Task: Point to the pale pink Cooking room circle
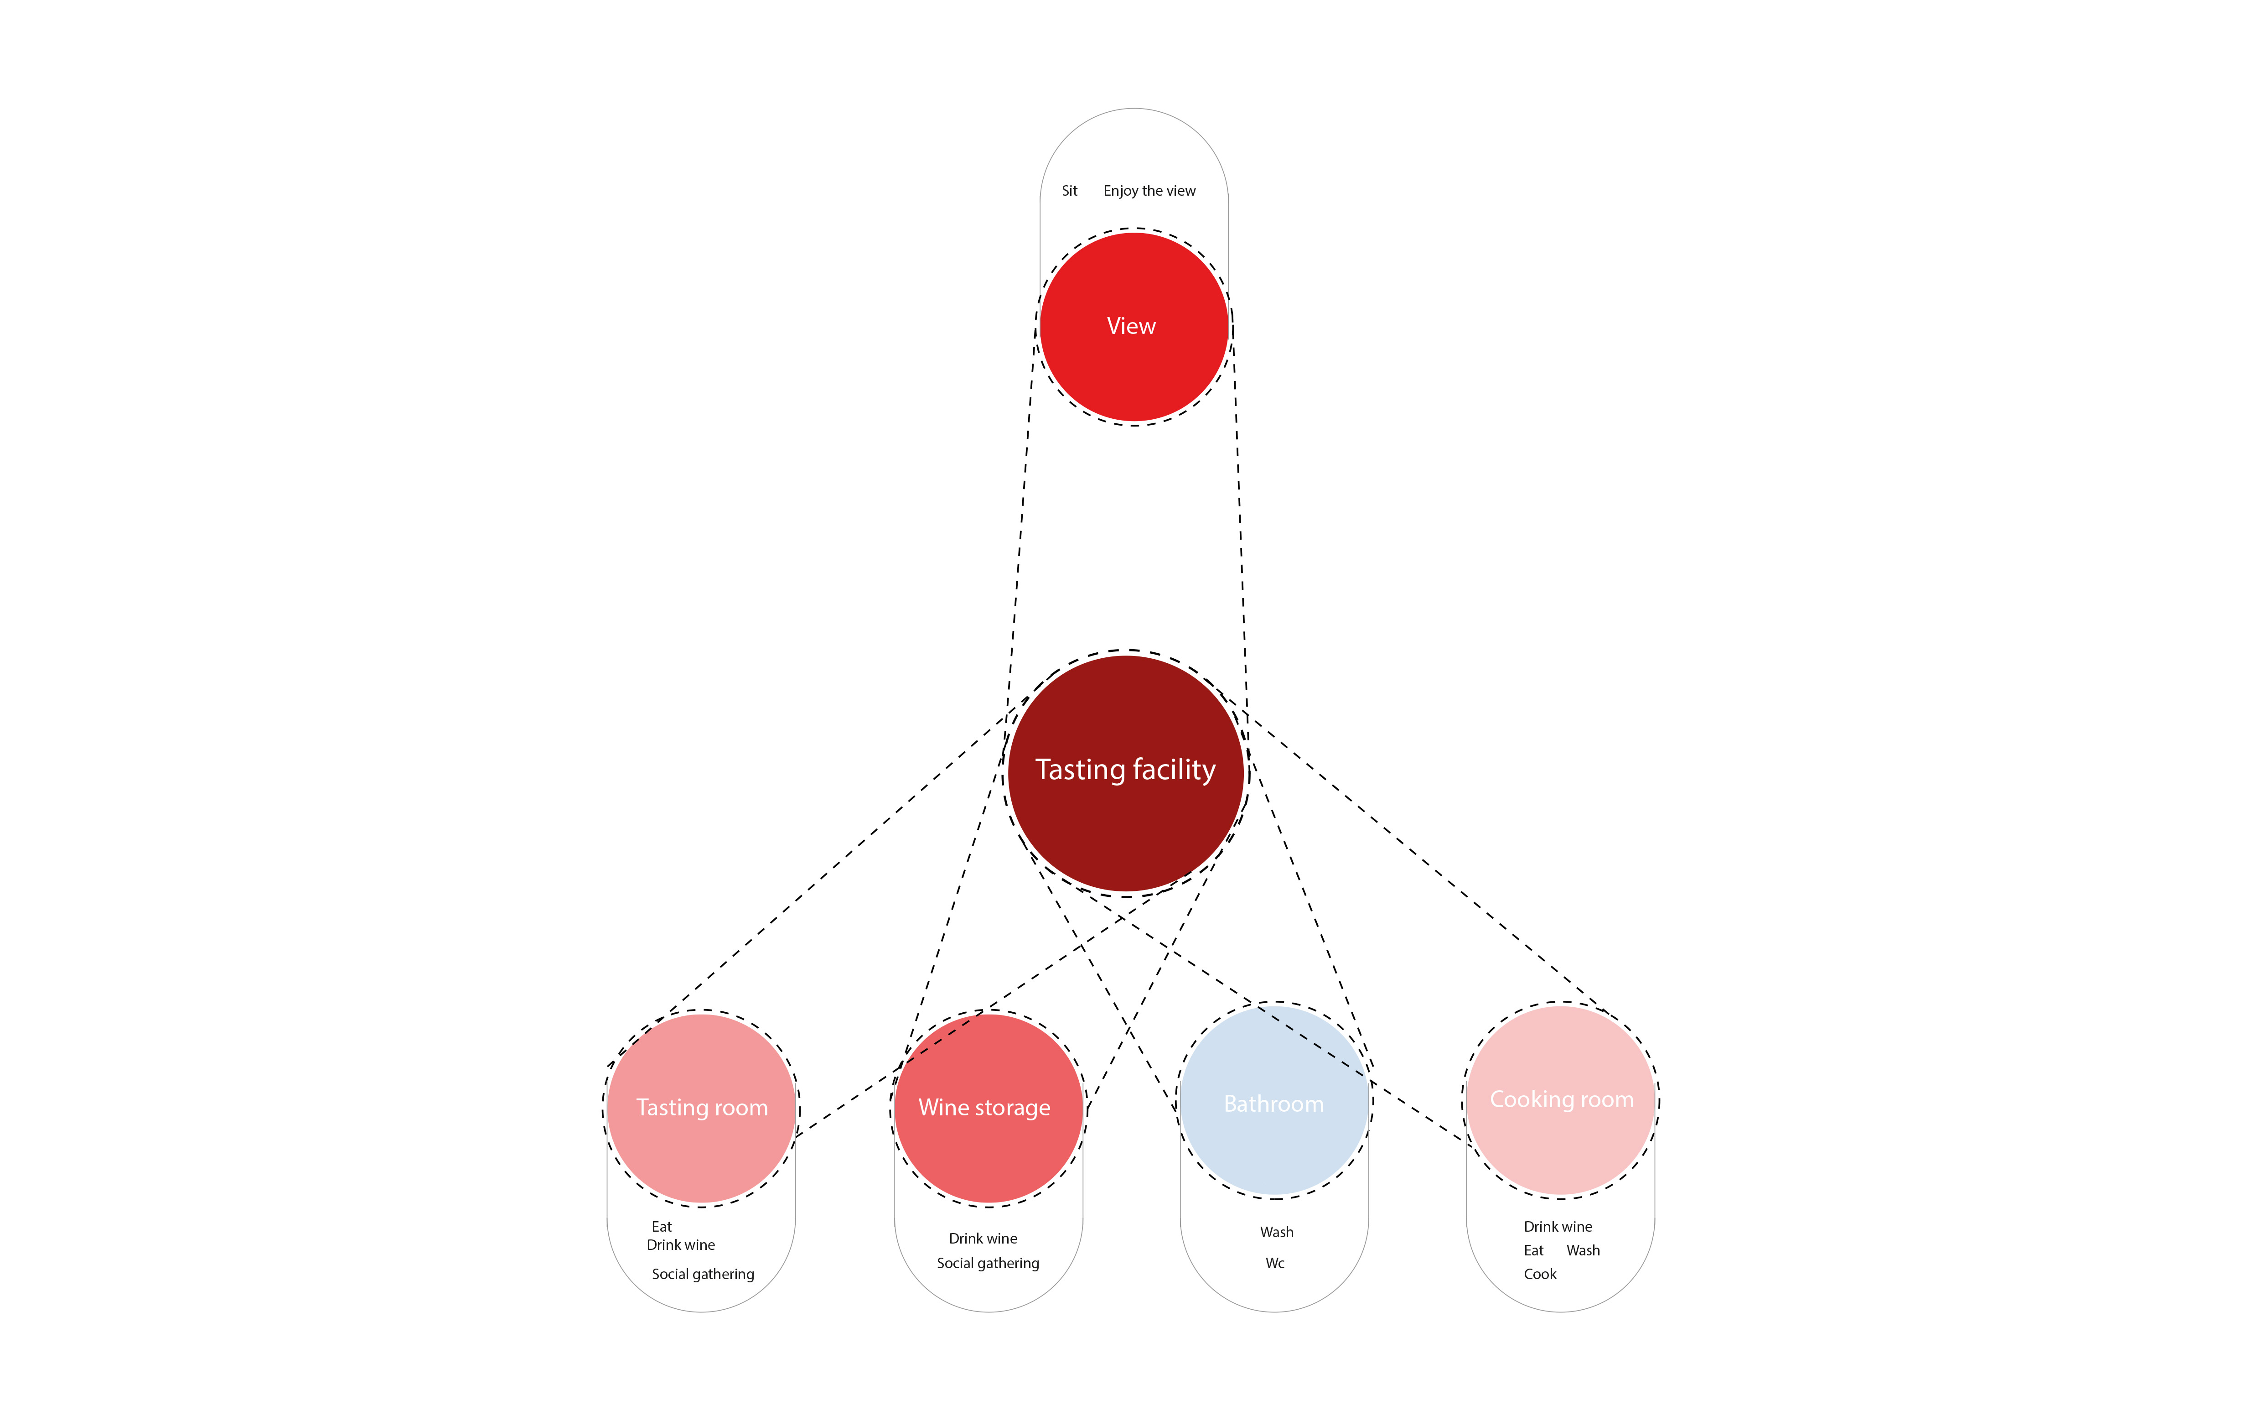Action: point(1560,1142)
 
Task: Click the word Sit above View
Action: point(1069,191)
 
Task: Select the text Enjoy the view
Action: point(1149,191)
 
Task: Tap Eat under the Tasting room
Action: point(661,1227)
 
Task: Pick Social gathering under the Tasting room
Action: point(703,1275)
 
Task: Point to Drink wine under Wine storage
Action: point(983,1239)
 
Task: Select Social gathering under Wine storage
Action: point(987,1263)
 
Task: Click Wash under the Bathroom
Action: point(1277,1232)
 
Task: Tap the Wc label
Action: point(1275,1263)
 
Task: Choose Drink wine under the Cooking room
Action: point(1558,1227)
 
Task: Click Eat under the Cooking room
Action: point(1533,1251)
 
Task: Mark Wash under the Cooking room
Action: point(1583,1251)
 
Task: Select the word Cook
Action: point(1540,1275)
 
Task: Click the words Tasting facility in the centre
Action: point(1125,770)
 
